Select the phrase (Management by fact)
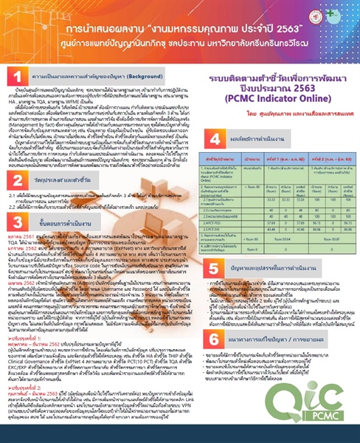[x=32, y=136]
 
